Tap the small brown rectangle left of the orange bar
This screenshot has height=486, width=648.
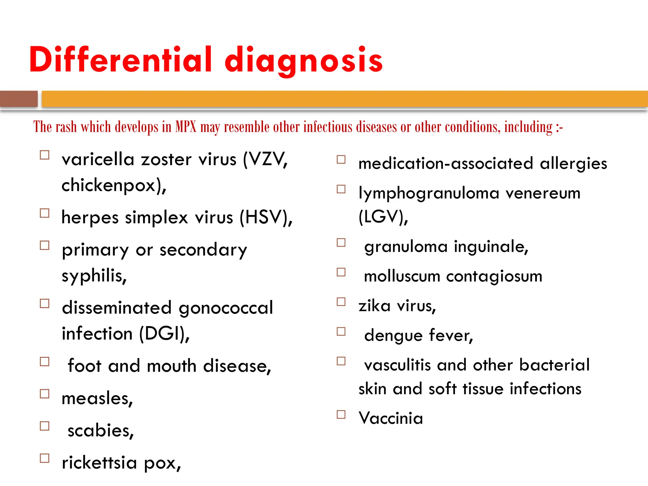click(19, 99)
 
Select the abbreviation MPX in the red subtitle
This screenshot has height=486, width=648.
click(186, 127)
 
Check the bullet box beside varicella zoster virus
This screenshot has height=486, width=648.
click(45, 155)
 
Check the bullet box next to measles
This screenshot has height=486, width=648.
click(45, 394)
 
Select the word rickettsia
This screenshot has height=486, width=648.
click(99, 463)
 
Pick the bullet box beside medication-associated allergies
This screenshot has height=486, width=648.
click(341, 159)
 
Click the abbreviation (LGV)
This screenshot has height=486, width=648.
click(383, 217)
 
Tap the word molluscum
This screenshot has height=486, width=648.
click(402, 276)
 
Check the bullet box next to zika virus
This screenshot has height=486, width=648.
click(341, 302)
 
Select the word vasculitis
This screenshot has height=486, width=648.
click(397, 365)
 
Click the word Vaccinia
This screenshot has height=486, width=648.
click(391, 418)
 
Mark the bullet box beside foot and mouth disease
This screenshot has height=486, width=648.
click(45, 361)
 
